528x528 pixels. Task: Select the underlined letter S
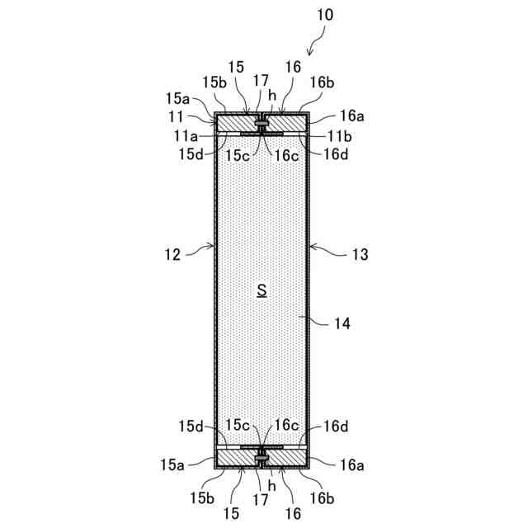pos(262,290)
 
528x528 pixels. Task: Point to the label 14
pos(342,324)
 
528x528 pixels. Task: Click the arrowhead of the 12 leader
pos(213,246)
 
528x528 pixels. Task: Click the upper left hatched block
pos(237,122)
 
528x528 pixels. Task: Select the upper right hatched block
pos(287,122)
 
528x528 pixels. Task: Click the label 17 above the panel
pos(261,80)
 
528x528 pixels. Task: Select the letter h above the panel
pos(271,95)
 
